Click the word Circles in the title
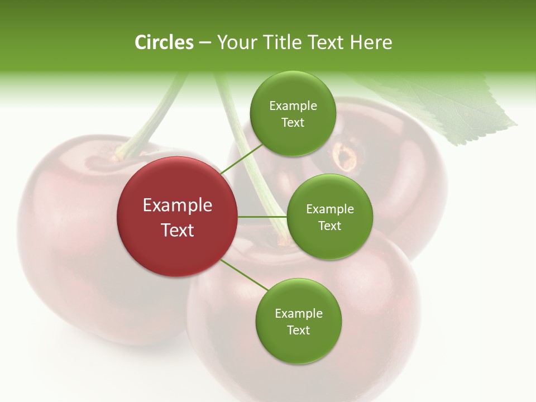click(164, 42)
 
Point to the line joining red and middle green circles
click(262, 217)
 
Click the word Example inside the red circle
click(177, 205)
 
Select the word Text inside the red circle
click(177, 230)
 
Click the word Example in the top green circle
click(293, 106)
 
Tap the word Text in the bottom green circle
click(298, 330)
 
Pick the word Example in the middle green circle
click(329, 209)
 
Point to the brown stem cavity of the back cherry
click(345, 155)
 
